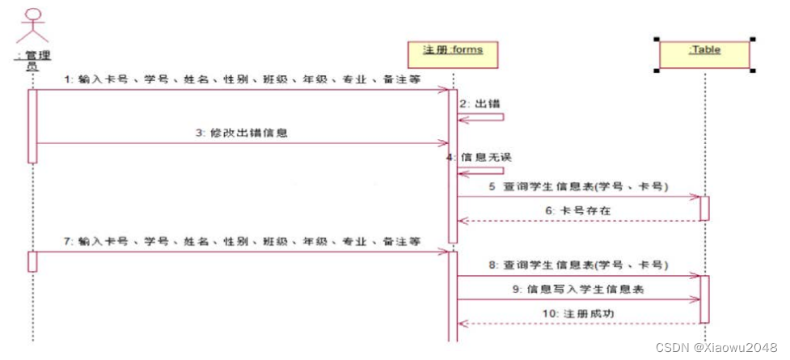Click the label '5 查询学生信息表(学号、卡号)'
[x=578, y=186]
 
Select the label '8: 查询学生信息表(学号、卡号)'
[x=578, y=265]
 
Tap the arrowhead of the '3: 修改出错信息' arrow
[x=445, y=144]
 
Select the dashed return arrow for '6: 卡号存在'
[x=578, y=219]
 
